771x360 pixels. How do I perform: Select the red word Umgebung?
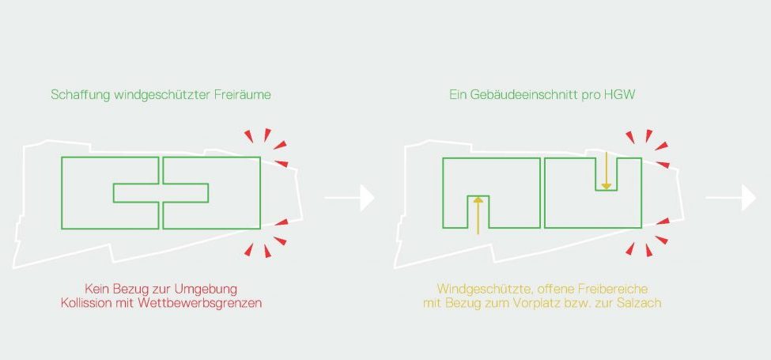204,288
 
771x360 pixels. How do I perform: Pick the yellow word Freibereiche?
625,288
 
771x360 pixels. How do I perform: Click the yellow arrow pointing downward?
605,172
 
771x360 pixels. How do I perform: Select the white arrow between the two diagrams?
349,198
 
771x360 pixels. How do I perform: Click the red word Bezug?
132,288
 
